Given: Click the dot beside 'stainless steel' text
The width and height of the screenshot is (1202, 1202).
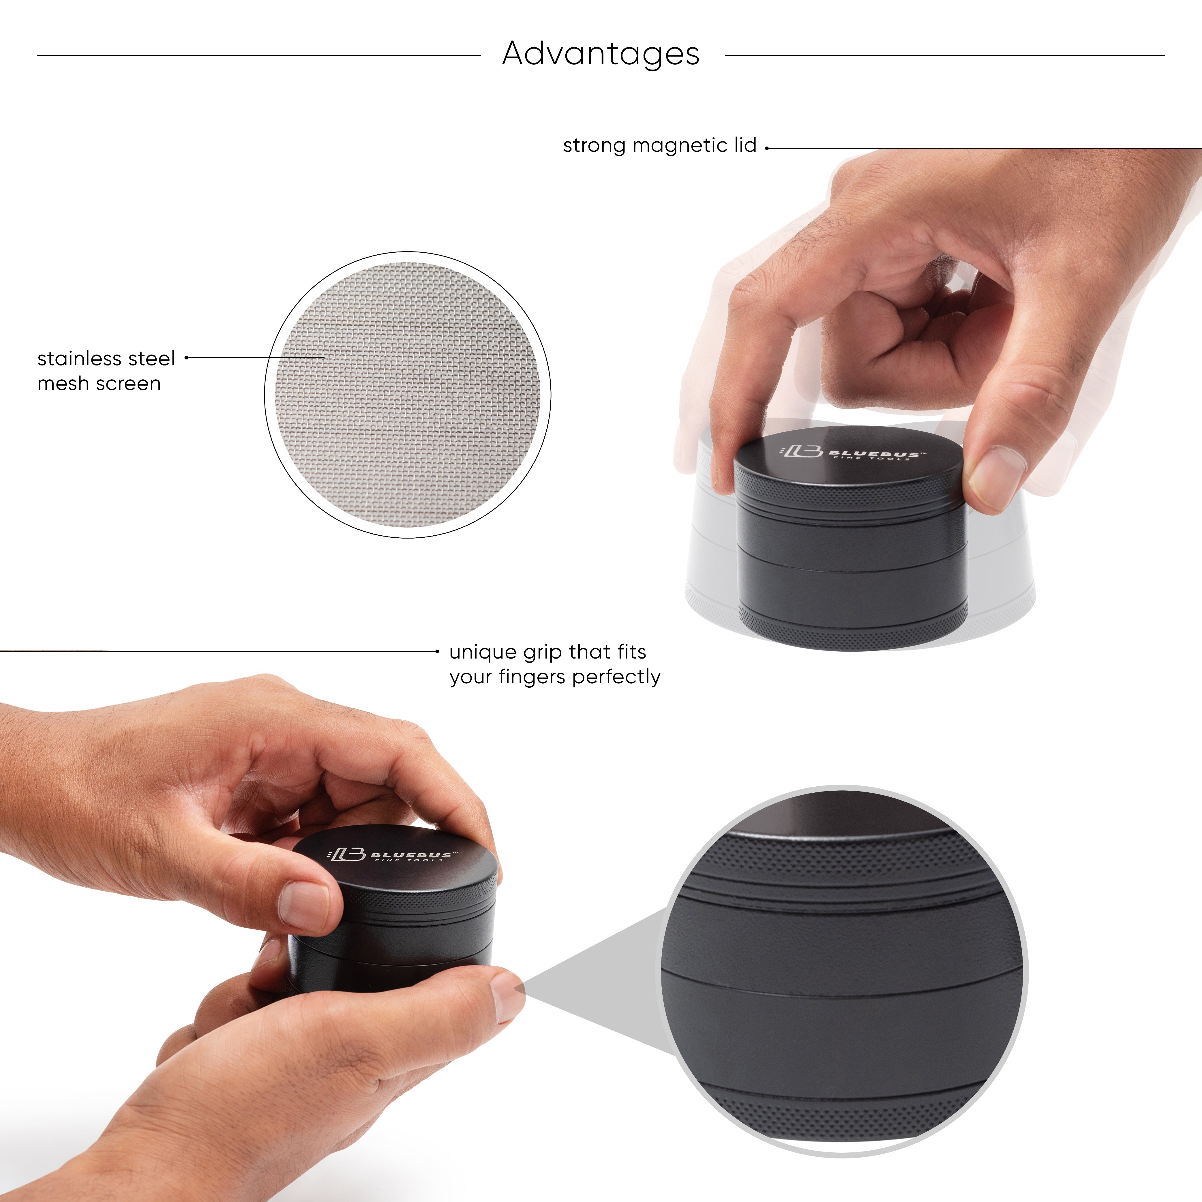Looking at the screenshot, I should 186,358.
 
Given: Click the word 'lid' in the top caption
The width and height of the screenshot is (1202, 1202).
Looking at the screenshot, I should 745,146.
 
